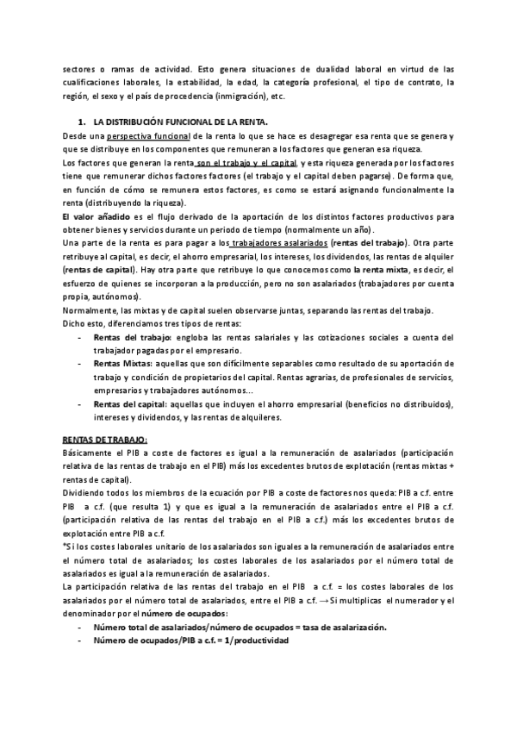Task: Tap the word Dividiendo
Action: point(85,494)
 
